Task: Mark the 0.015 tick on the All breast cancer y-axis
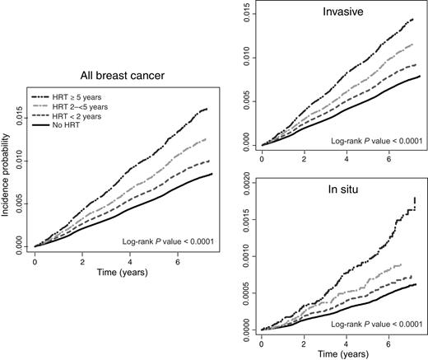pyautogui.click(x=18, y=119)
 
